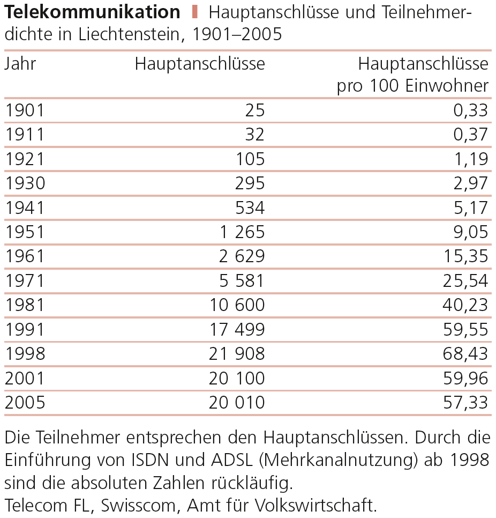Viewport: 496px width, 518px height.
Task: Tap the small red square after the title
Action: tap(195, 11)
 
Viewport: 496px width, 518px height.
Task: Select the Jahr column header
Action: tap(20, 64)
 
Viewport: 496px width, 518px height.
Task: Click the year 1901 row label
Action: tap(25, 110)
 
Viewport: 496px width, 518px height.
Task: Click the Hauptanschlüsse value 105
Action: tap(250, 159)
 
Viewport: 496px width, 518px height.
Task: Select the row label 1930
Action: tap(25, 183)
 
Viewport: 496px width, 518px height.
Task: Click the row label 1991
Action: tap(25, 329)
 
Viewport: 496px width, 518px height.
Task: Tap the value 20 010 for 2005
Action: tap(237, 402)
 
